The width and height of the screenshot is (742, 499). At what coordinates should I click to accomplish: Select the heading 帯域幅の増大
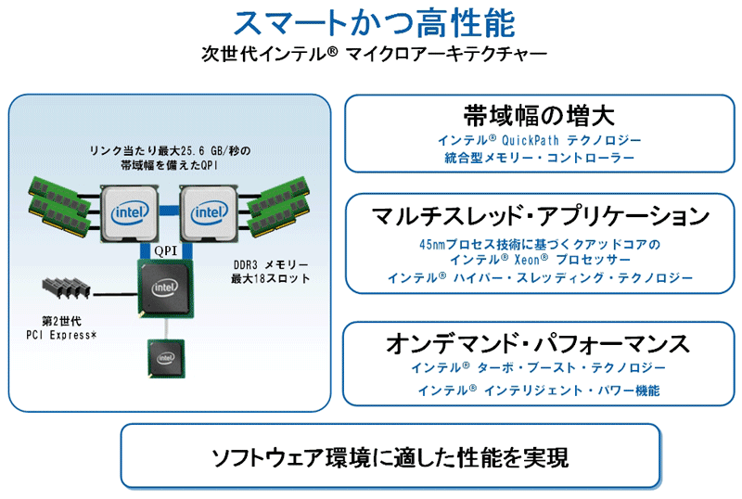coord(539,117)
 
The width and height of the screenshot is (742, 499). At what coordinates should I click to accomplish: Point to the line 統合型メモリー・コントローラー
coord(539,159)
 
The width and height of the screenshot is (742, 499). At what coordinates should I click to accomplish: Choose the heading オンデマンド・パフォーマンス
coord(539,344)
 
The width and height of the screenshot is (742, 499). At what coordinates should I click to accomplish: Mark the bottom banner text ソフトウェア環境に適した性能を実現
coord(390,457)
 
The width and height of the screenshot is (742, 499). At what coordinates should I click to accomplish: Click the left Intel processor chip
coord(130,212)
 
